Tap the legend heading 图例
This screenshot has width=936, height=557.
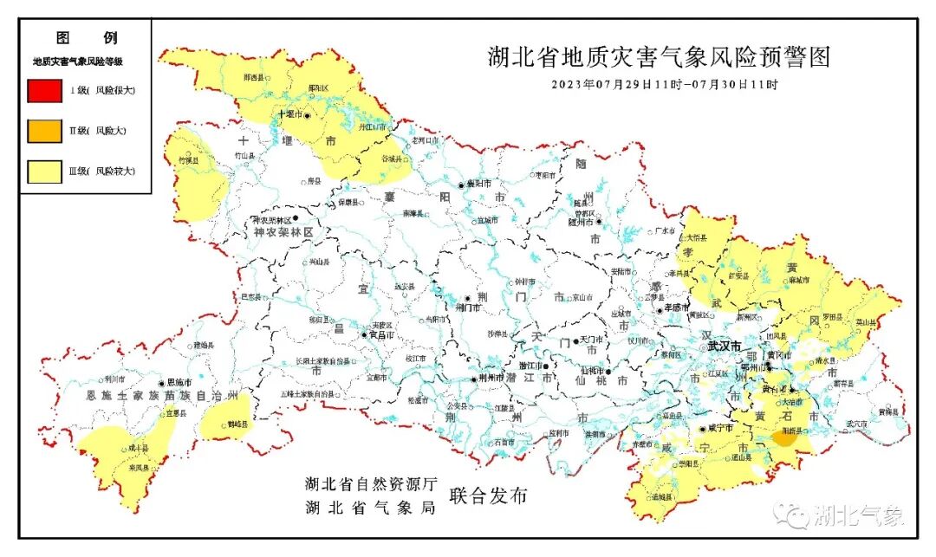coord(86,38)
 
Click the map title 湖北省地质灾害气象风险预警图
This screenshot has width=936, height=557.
coord(659,57)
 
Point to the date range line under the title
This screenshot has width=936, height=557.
coord(665,85)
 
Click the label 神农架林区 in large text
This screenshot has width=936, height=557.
coord(283,234)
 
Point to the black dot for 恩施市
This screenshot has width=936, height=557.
coord(161,382)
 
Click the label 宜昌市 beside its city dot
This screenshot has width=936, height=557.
coord(382,334)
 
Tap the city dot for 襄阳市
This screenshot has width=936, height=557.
coord(461,185)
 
